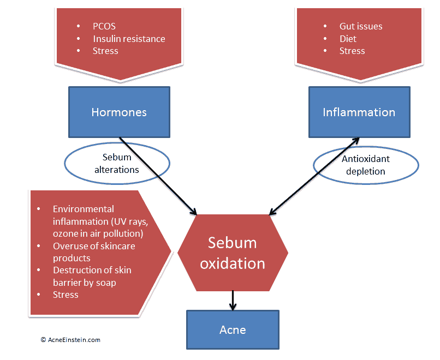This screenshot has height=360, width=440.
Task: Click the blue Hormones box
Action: [119, 112]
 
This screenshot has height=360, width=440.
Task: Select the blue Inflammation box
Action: [359, 112]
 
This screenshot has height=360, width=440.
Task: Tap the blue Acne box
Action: [233, 329]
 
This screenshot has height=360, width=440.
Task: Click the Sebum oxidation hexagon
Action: [233, 253]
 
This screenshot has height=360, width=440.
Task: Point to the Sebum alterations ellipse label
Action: [117, 164]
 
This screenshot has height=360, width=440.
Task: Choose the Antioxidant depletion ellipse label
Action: [366, 165]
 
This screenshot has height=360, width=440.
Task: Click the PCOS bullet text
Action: [104, 26]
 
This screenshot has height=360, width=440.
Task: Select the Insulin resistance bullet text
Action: [129, 39]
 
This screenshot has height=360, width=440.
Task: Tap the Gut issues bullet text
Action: [361, 26]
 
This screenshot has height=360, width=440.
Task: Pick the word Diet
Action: [348, 39]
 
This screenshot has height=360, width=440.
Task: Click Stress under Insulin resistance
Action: [105, 51]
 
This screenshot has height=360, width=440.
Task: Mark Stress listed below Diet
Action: [352, 51]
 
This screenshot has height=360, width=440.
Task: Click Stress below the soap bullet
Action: [66, 295]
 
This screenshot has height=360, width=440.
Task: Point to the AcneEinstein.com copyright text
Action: [70, 340]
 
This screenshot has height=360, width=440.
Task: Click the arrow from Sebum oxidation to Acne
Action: [233, 301]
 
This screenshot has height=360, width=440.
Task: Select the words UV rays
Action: [129, 221]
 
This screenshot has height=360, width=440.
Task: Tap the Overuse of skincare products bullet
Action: [94, 252]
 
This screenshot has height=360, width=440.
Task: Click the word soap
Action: [106, 283]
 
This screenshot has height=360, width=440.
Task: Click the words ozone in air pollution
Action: [98, 233]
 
